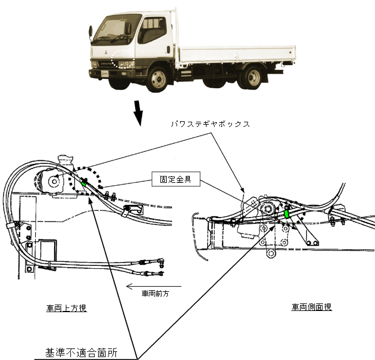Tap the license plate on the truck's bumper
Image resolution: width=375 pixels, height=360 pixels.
coord(106,74)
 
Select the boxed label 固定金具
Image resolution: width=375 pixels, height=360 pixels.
coord(176,179)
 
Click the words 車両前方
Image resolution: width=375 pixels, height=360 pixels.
coord(156,294)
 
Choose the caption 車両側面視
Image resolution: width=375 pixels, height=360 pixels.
coord(312,307)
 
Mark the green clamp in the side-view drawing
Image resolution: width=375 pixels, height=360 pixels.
coord(286,213)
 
